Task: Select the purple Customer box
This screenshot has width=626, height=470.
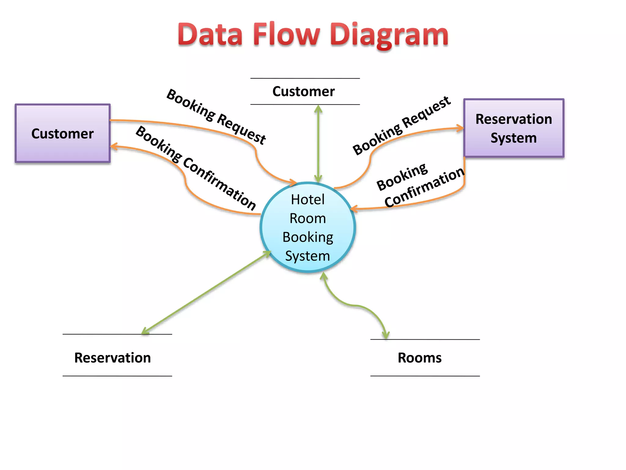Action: pyautogui.click(x=62, y=133)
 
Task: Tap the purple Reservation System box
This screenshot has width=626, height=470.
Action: pyautogui.click(x=514, y=128)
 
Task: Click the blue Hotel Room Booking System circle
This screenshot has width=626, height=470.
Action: pyautogui.click(x=307, y=227)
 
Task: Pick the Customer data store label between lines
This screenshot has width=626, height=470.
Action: pyautogui.click(x=304, y=91)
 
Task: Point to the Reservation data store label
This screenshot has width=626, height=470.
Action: pyautogui.click(x=112, y=358)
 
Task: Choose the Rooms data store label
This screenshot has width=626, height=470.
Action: pyautogui.click(x=419, y=358)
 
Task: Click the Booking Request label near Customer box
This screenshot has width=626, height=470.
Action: pyautogui.click(x=216, y=117)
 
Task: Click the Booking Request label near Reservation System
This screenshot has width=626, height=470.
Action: pyautogui.click(x=401, y=126)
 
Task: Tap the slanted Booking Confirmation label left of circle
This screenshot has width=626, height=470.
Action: pyautogui.click(x=196, y=168)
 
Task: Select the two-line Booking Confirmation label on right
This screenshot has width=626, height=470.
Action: pyautogui.click(x=420, y=185)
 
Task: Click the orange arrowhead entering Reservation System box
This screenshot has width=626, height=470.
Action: pyautogui.click(x=460, y=128)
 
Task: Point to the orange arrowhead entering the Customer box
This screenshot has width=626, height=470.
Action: pyautogui.click(x=114, y=147)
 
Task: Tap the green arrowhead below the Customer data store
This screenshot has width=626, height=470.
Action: pyautogui.click(x=318, y=109)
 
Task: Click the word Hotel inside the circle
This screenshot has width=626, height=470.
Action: pyautogui.click(x=307, y=200)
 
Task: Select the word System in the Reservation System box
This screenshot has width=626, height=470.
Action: pyautogui.click(x=514, y=138)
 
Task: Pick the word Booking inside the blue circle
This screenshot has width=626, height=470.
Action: pyautogui.click(x=307, y=237)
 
